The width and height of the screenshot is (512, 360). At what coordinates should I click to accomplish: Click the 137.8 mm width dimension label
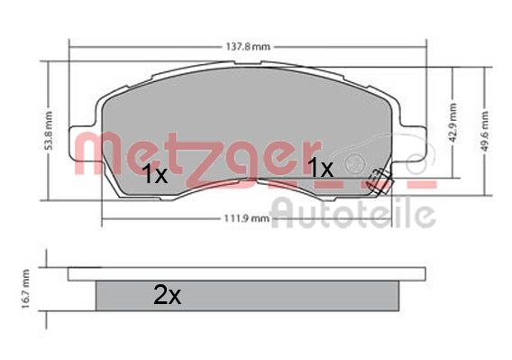point(248,47)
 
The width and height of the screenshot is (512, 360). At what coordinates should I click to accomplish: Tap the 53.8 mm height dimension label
point(49,131)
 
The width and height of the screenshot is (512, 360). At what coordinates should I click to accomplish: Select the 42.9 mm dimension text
point(453,123)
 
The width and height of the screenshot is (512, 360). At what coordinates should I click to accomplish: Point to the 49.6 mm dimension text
point(485,131)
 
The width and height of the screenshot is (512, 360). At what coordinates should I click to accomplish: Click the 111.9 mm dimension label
point(247,218)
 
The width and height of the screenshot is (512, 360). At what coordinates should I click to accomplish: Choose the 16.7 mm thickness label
point(25,289)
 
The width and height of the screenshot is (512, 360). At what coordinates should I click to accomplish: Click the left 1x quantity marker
point(155,174)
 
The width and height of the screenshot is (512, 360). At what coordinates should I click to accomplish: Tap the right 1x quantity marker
point(321,168)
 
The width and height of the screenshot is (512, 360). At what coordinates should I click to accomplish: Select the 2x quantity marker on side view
point(167,295)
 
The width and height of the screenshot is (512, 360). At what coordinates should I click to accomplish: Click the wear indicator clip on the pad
point(379,181)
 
